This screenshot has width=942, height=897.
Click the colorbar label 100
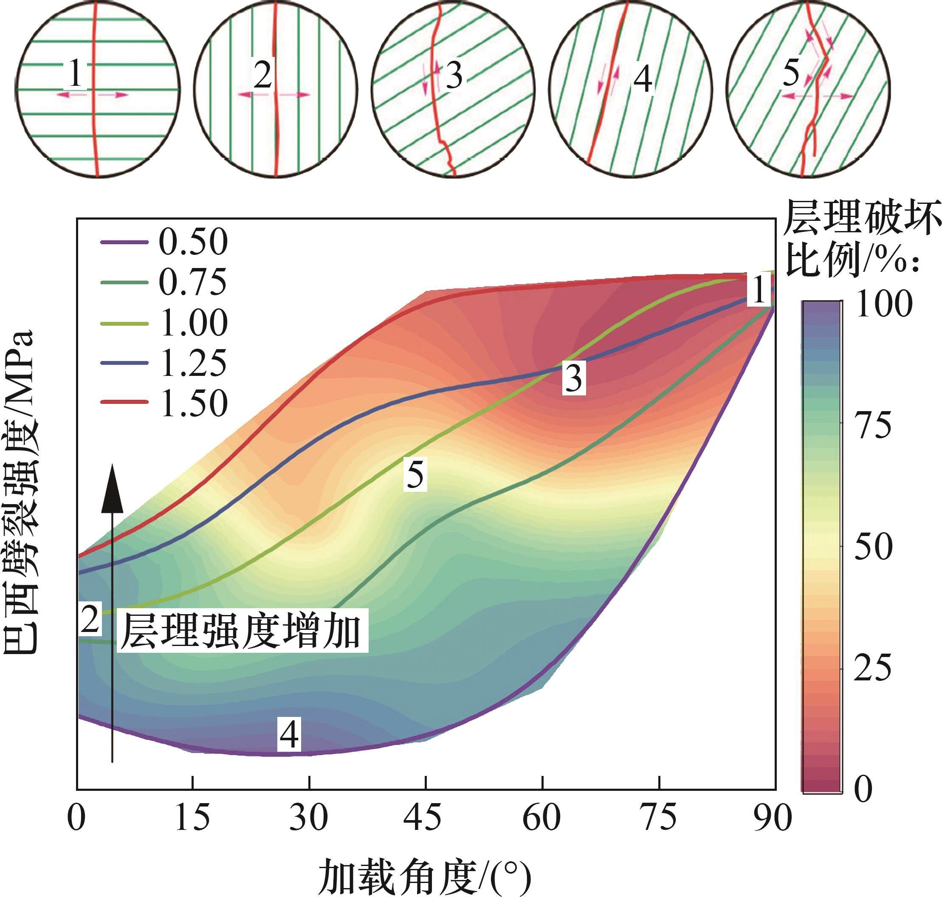[x=884, y=304]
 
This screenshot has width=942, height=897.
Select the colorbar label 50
[x=873, y=546]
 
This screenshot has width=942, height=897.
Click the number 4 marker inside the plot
[x=289, y=734]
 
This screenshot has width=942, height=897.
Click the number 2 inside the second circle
[x=262, y=75]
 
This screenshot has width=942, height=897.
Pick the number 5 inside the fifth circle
[x=791, y=74]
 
